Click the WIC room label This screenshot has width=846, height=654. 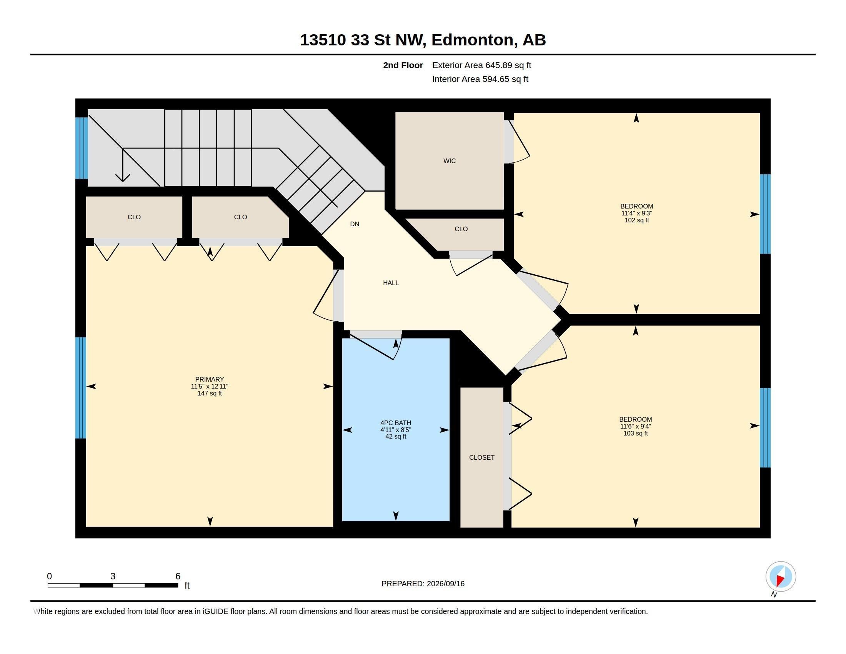[449, 161]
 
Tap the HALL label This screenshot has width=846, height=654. [391, 283]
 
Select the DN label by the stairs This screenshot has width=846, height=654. [355, 224]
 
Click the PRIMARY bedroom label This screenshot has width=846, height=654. [210, 379]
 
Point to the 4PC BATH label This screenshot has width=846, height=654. [396, 423]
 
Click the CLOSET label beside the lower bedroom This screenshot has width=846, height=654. [481, 457]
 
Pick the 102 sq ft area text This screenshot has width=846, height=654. [636, 220]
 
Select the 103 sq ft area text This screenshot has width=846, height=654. [635, 433]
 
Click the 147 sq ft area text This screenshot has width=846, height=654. [210, 393]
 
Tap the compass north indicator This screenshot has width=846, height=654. [781, 577]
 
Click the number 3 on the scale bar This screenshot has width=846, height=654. [113, 576]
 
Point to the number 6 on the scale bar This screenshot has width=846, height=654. [178, 576]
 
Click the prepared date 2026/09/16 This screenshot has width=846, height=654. [445, 584]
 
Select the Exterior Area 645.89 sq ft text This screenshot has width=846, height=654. [481, 65]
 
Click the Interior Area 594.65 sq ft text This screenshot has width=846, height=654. [480, 79]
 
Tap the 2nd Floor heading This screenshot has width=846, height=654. [403, 65]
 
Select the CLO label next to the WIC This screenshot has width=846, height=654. [461, 229]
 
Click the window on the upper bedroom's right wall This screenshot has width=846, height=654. [765, 214]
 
